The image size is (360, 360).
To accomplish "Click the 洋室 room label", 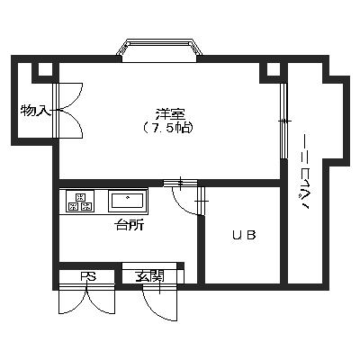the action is (x=170, y=114).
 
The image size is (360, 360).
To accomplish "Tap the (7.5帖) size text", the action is (x=167, y=128).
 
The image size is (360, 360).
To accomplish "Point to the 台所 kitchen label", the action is (x=130, y=225).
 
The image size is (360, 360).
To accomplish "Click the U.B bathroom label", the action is (x=244, y=235).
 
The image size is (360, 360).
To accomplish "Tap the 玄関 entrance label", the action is (x=149, y=276).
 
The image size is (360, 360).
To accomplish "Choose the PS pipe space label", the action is (x=88, y=276).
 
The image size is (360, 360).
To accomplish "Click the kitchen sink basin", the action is (x=127, y=201).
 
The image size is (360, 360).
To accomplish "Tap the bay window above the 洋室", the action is (x=159, y=50).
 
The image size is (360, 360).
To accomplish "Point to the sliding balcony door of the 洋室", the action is (x=283, y=121).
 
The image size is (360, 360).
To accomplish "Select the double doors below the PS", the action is (x=87, y=300).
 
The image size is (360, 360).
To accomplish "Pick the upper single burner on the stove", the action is (x=80, y=197).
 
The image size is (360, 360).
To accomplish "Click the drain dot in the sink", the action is (x=128, y=197).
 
